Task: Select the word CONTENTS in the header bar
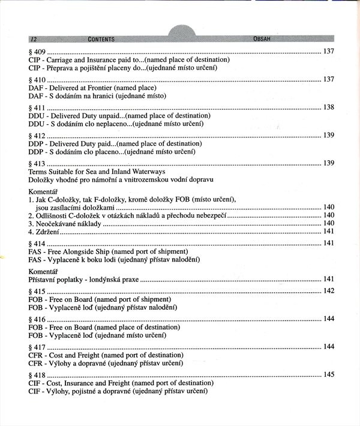(101, 39)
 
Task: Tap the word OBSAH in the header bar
(265, 39)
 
